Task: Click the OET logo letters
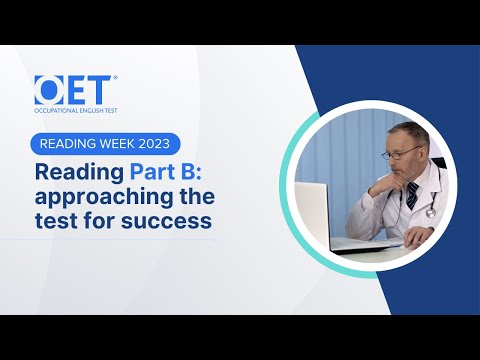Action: (x=74, y=90)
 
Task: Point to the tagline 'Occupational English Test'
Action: (x=74, y=107)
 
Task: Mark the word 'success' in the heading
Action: (x=172, y=221)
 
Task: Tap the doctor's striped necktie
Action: (x=412, y=195)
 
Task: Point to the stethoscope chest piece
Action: (x=431, y=211)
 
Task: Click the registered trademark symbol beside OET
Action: (x=115, y=78)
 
